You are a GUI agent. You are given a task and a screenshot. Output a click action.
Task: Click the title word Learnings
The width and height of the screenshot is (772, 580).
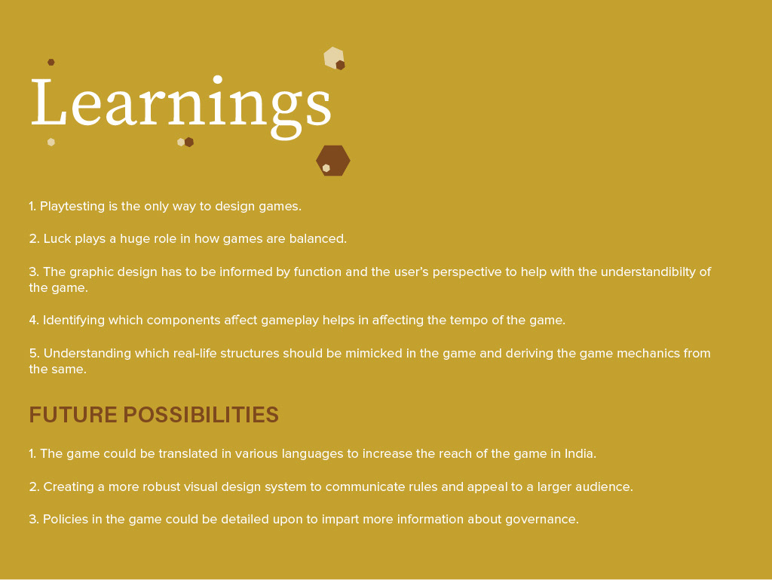181,106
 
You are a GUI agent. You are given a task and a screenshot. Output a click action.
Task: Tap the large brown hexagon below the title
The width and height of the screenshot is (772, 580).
332,161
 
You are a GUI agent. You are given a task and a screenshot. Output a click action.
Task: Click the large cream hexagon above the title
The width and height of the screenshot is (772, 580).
333,57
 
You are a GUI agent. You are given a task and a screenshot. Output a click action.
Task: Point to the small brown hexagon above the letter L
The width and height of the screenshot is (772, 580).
51,62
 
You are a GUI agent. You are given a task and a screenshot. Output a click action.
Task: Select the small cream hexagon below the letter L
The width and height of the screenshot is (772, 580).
51,143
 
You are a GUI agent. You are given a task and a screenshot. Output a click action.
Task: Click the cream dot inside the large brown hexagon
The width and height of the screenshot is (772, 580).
326,168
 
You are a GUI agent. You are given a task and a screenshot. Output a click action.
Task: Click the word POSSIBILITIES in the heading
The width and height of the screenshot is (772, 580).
201,415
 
